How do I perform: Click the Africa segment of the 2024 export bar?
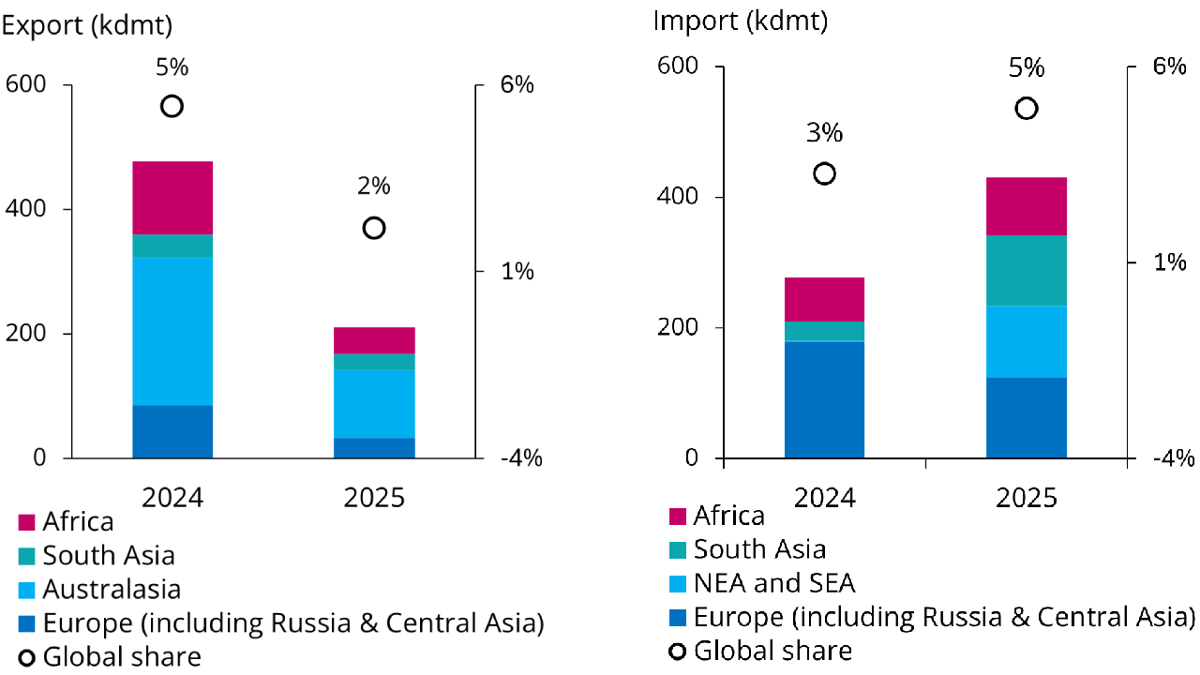click(172, 198)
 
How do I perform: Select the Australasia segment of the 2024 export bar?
click(172, 331)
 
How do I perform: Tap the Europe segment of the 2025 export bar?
click(374, 448)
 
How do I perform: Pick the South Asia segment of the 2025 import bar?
click(1027, 270)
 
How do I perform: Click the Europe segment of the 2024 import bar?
click(824, 400)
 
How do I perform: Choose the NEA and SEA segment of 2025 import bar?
click(1027, 341)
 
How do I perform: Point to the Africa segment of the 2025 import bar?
click(1027, 206)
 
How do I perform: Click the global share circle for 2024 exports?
click(172, 106)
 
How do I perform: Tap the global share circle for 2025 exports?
click(374, 228)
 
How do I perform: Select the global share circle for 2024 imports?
click(824, 173)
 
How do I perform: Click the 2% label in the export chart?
click(373, 187)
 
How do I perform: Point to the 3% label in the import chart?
click(824, 133)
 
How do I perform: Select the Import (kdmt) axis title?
click(741, 21)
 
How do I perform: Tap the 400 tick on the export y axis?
click(25, 209)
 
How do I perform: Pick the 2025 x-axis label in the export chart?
click(374, 497)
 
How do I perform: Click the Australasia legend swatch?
click(27, 590)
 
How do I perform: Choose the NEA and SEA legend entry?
click(774, 583)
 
